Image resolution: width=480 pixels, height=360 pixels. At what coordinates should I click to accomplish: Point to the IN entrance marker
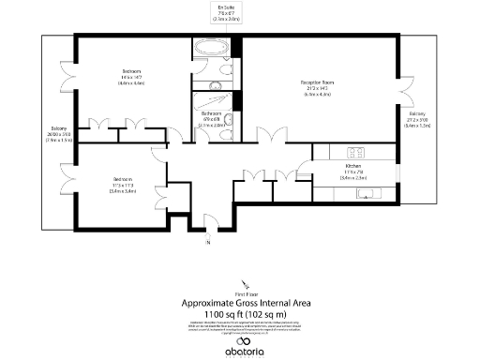point(207,243)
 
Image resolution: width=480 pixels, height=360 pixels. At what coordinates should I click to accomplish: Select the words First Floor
point(246,292)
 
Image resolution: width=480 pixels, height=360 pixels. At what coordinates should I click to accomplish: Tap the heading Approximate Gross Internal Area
point(245,302)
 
